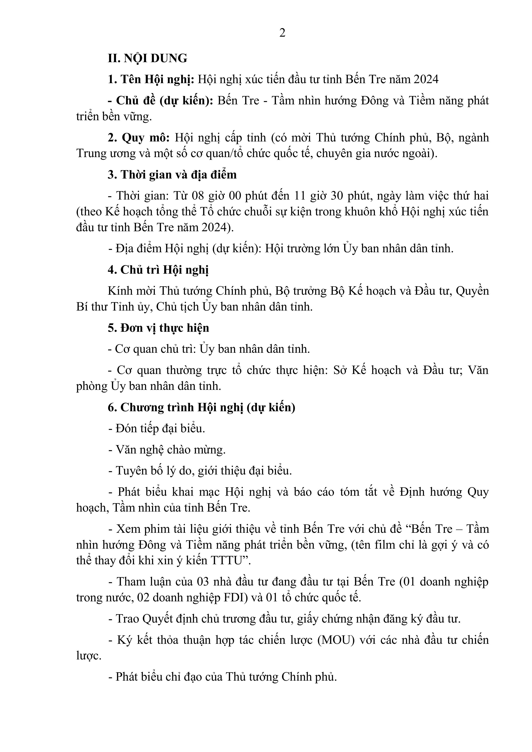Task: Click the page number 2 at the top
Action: (x=282, y=33)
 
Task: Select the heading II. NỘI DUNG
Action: (x=148, y=58)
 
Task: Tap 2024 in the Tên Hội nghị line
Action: (x=426, y=79)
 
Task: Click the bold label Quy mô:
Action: (x=146, y=138)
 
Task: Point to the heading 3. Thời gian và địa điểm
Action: (x=172, y=175)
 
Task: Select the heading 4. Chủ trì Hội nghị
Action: (x=158, y=270)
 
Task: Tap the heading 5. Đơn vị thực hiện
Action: (x=158, y=328)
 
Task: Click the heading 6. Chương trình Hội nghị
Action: (x=201, y=407)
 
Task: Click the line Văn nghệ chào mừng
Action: (x=167, y=450)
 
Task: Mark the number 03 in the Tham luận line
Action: (x=203, y=582)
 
